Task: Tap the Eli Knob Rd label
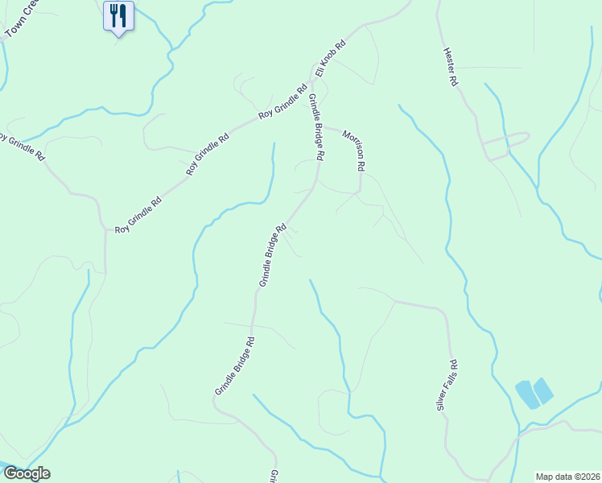pos(330,59)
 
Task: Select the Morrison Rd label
pos(355,150)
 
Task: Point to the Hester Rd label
pos(450,67)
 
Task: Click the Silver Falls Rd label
pos(447,386)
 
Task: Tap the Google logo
pos(27,473)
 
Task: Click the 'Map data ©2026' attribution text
pos(567,477)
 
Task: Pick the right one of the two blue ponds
pos(543,390)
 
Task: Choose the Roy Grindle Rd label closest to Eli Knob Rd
pos(282,102)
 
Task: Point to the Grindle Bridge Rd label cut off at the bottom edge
pos(274,477)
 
